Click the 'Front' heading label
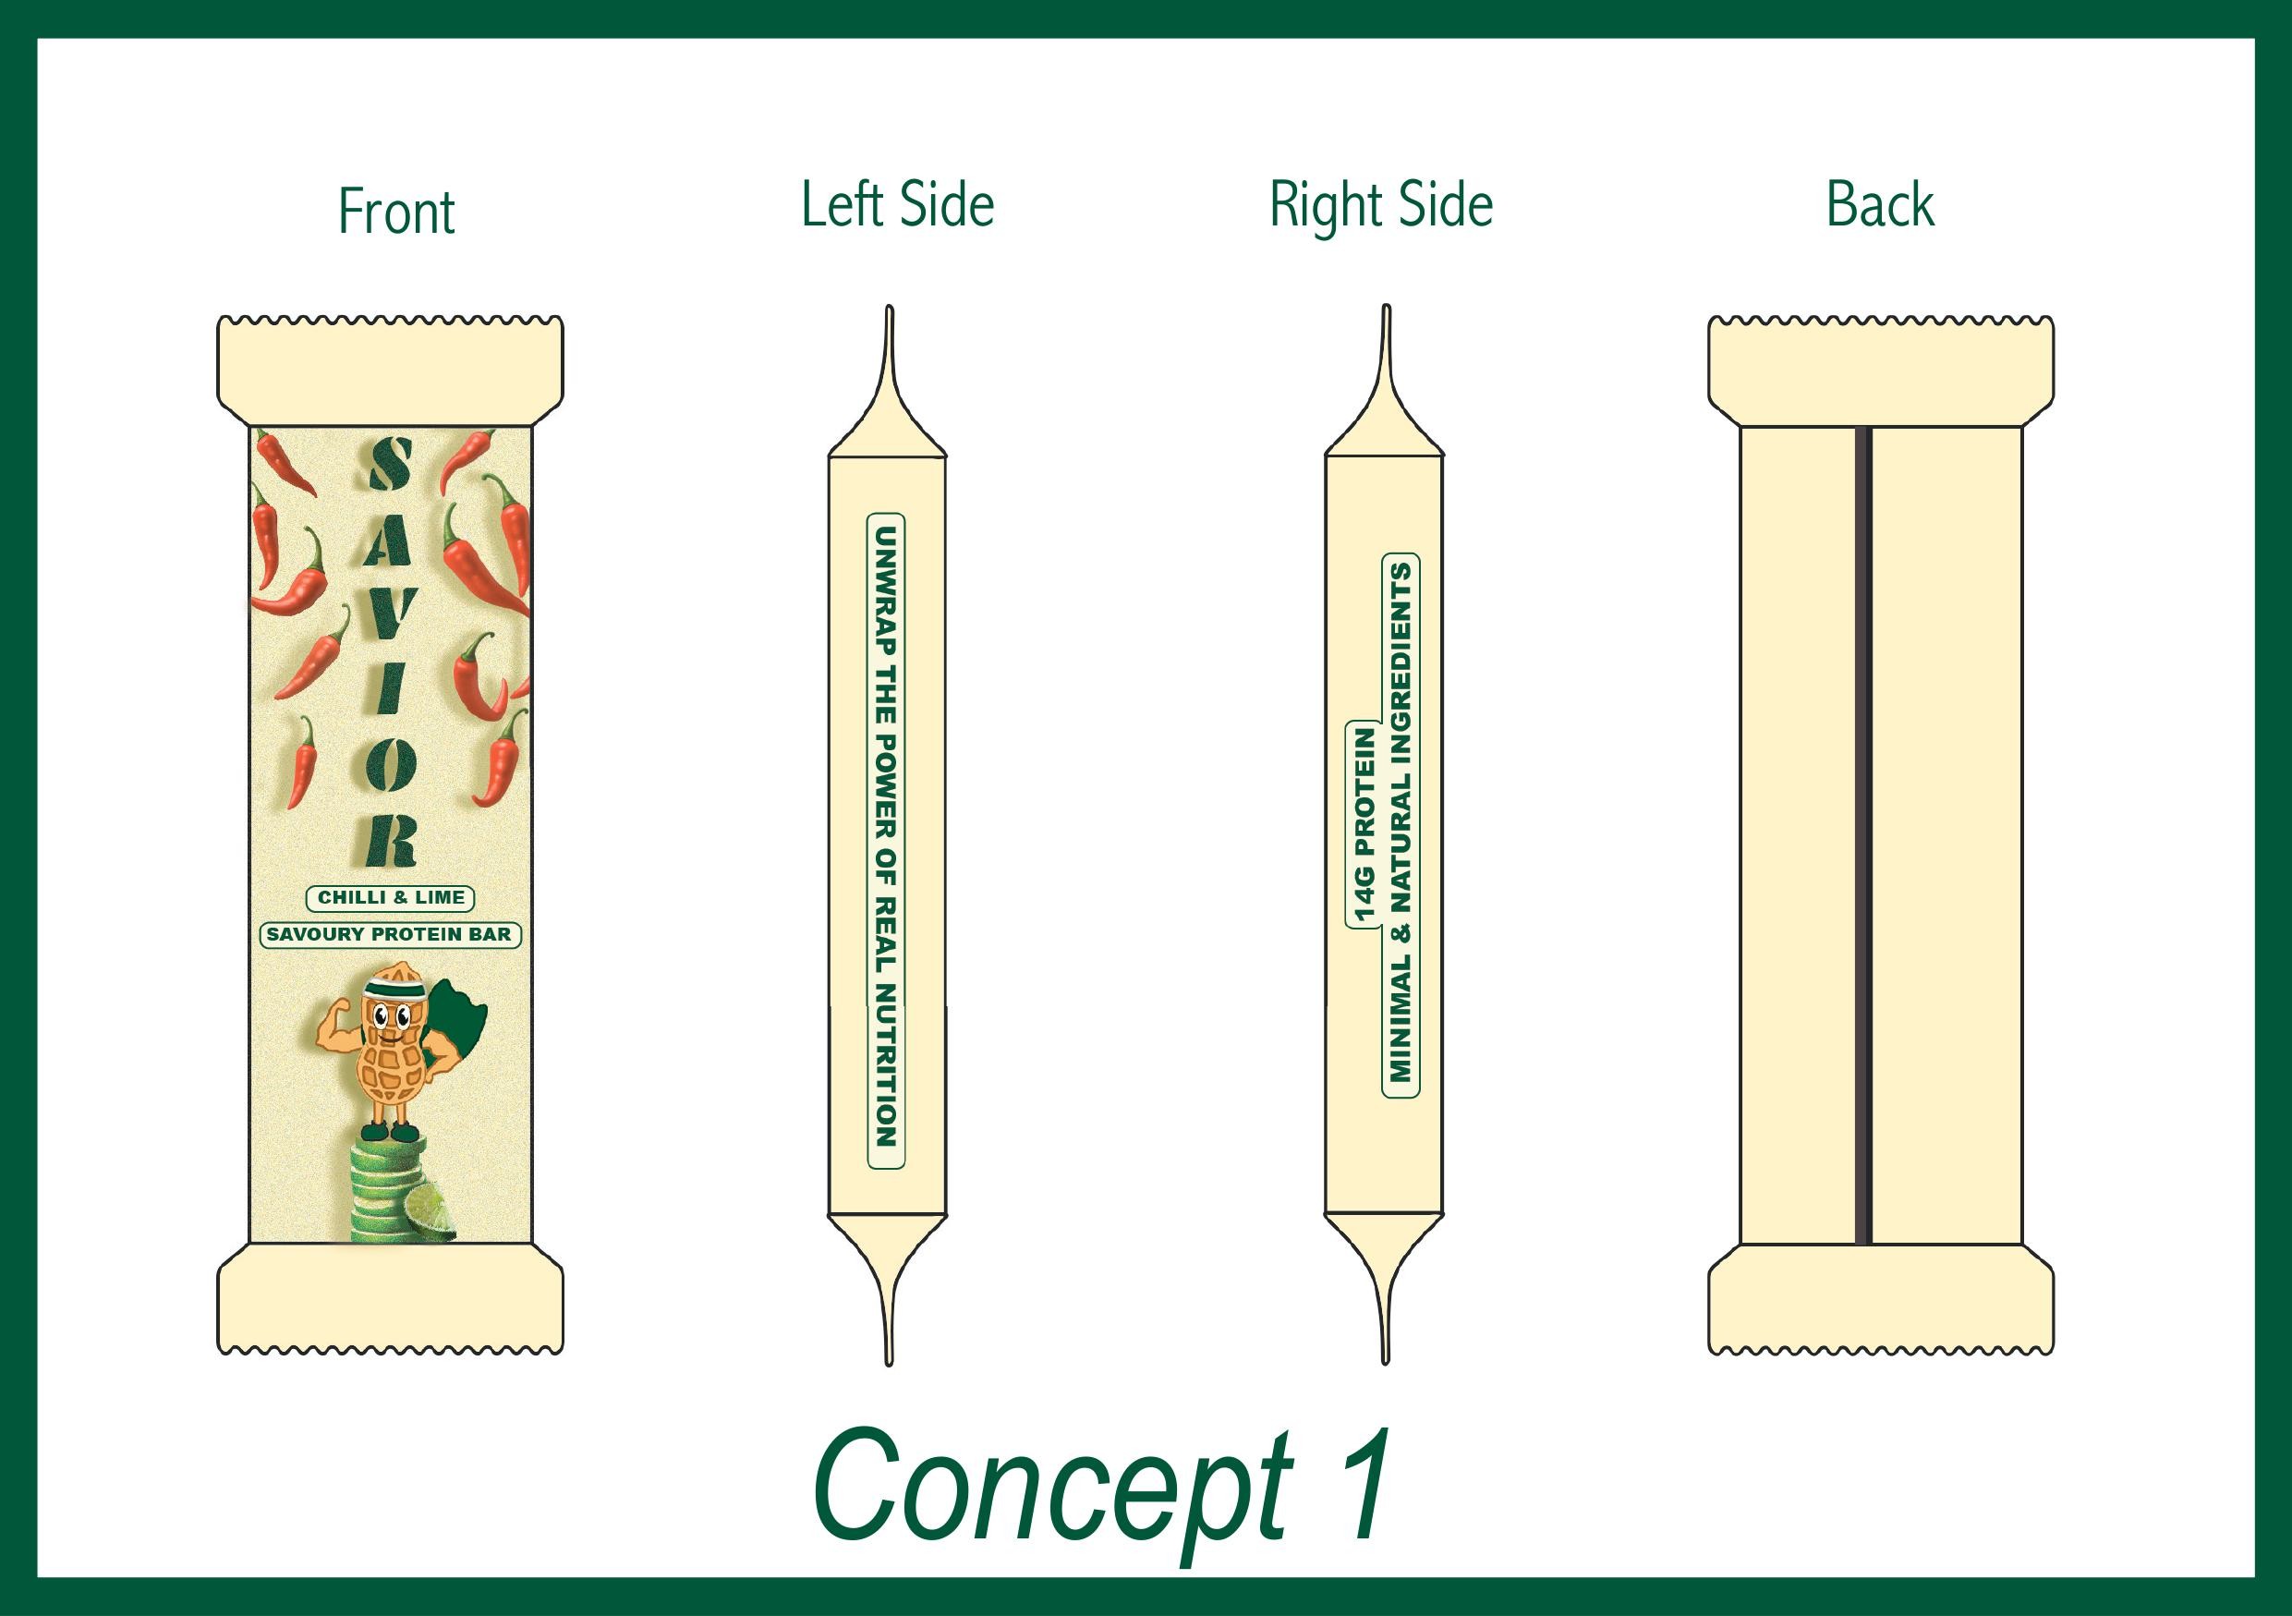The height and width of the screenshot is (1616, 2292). click(x=396, y=212)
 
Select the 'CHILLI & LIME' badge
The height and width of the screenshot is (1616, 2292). click(x=391, y=897)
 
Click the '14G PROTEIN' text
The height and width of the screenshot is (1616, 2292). click(x=1364, y=823)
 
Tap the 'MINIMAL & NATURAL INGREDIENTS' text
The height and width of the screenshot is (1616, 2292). click(x=1401, y=822)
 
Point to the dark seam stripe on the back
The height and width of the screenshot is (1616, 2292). click(x=1861, y=834)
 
